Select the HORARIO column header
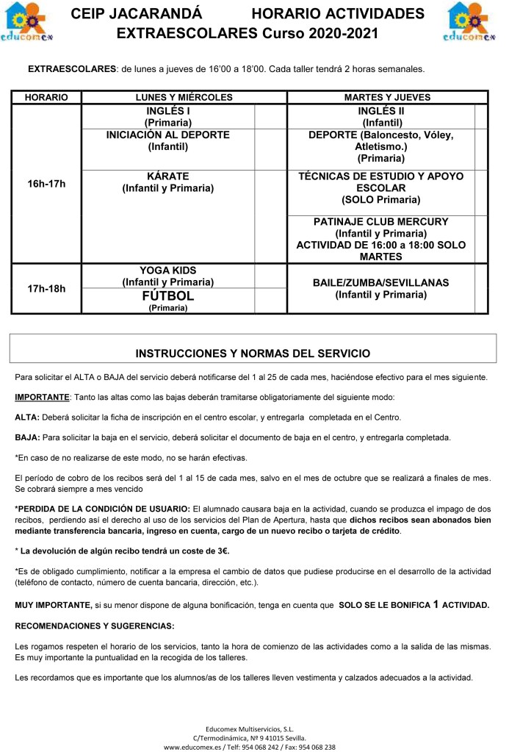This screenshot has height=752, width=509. tap(46, 98)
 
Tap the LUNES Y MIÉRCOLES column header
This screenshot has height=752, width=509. tap(184, 98)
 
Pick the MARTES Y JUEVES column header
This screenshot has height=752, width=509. tap(387, 98)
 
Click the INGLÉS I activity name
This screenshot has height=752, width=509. tap(168, 111)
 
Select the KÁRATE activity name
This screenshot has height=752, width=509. tap(168, 176)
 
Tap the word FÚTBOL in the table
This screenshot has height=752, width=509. tap(168, 296)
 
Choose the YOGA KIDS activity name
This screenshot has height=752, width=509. tap(168, 271)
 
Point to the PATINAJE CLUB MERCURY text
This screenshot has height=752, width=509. tap(380, 221)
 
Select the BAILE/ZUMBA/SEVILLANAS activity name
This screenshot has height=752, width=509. tap(380, 282)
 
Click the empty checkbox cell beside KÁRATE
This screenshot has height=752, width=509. tap(270, 188)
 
